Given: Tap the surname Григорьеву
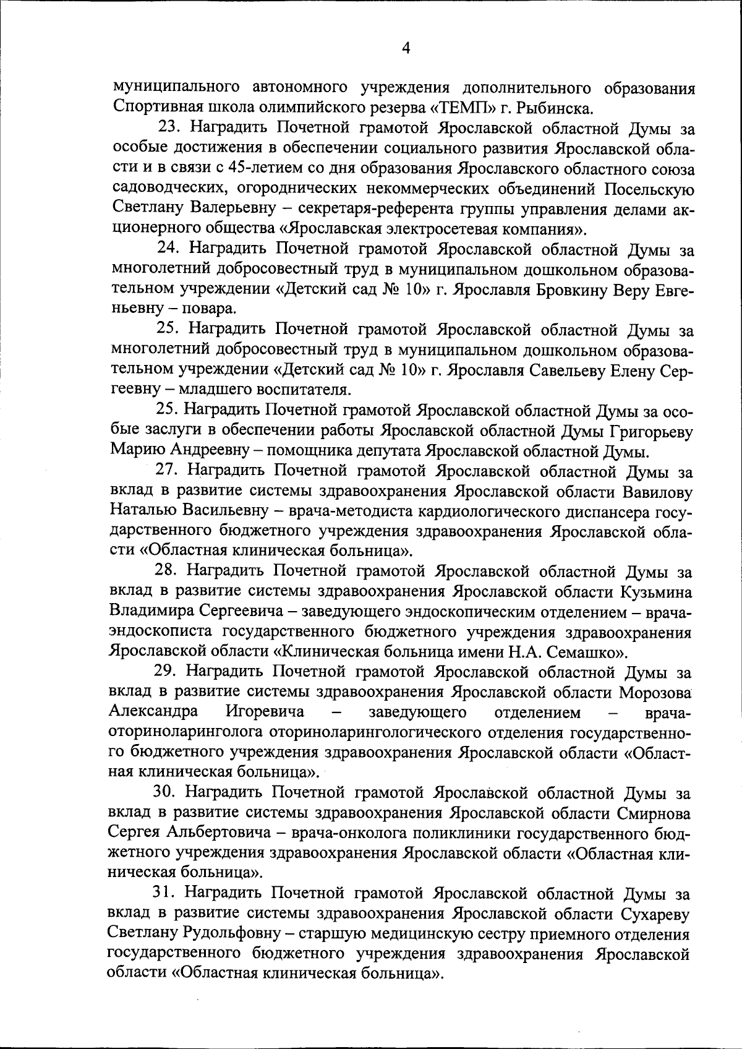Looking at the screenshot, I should coord(646,430).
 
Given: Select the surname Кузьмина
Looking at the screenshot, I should coord(656,591).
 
